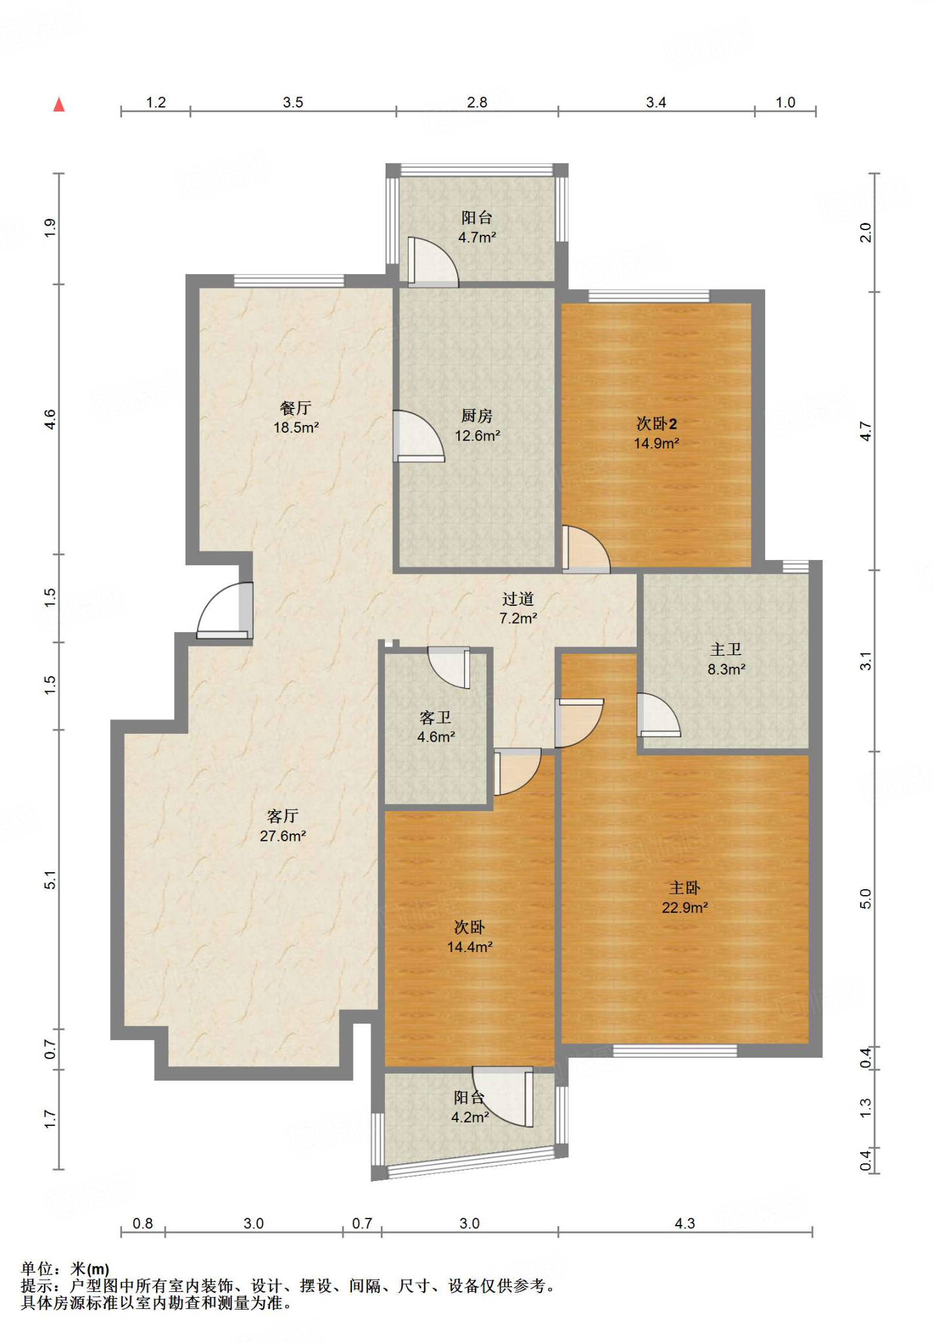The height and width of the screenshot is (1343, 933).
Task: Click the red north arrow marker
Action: click(x=59, y=105)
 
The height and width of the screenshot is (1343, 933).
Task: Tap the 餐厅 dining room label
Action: click(x=296, y=408)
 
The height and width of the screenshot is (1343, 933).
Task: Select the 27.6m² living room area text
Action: click(x=283, y=836)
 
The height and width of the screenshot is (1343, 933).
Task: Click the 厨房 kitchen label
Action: click(x=477, y=416)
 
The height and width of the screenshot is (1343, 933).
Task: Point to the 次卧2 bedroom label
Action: click(x=656, y=424)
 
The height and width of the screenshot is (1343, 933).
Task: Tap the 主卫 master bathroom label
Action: click(x=726, y=649)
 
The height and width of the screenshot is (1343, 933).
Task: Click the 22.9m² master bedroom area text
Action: click(x=685, y=908)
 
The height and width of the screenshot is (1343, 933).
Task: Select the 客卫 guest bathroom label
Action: click(x=435, y=717)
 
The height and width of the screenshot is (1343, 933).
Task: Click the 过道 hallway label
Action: click(x=518, y=599)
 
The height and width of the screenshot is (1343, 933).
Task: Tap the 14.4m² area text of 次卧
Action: click(x=470, y=947)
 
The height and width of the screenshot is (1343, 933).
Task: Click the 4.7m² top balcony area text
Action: click(x=477, y=237)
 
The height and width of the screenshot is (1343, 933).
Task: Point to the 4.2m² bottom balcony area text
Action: click(x=470, y=1117)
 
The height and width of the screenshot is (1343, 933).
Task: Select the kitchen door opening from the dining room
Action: click(x=418, y=436)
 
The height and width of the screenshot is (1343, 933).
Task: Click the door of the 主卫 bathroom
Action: click(x=659, y=715)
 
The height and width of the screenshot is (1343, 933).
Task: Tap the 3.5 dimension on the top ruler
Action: click(x=293, y=102)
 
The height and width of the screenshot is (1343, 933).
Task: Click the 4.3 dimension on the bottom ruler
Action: click(x=685, y=1224)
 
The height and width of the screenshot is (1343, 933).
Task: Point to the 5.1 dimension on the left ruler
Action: click(x=50, y=880)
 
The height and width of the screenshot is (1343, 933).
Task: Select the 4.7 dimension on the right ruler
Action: click(x=865, y=431)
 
